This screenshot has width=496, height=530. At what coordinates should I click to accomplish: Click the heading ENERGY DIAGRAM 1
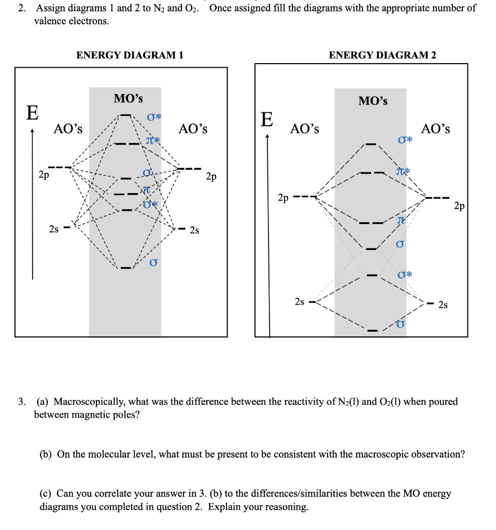130,55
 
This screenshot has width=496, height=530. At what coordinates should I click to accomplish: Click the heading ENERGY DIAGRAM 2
382,55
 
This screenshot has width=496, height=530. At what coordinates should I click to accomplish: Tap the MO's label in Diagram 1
129,98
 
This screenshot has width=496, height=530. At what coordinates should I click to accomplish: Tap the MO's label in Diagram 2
373,100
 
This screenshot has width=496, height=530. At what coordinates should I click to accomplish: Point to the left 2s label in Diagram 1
53,229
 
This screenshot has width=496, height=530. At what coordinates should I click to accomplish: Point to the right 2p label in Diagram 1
211,177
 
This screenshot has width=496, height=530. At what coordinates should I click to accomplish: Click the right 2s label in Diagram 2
443,305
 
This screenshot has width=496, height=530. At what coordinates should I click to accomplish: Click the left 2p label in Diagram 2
283,198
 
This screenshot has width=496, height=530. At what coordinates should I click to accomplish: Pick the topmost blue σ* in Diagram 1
154,118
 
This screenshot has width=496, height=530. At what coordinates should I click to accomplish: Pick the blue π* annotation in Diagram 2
403,171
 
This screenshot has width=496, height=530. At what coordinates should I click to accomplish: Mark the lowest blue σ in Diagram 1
153,263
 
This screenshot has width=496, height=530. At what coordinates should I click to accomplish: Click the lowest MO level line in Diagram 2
372,330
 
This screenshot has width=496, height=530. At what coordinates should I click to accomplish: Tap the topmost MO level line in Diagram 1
126,115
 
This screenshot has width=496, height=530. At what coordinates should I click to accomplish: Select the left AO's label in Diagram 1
68,129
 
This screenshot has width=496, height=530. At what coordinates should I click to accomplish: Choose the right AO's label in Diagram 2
435,129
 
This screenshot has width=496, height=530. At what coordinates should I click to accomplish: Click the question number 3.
21,402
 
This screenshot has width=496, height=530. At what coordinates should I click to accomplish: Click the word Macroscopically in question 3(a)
89,402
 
